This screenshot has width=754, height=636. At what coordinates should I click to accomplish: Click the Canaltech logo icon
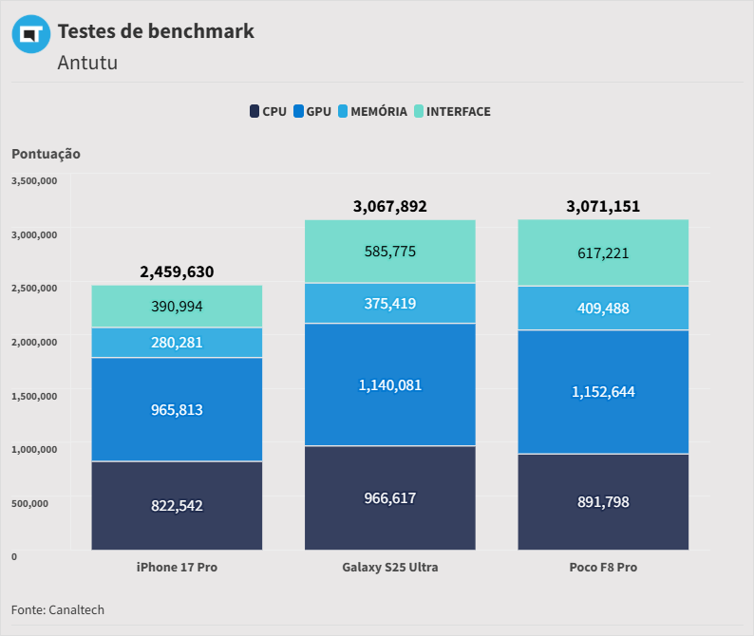pyautogui.click(x=30, y=35)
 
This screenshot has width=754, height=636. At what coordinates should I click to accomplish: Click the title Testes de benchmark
pyautogui.click(x=156, y=30)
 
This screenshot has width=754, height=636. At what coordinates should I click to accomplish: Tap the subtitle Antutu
pyautogui.click(x=87, y=63)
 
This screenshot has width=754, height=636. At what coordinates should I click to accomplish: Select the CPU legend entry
pyautogui.click(x=268, y=111)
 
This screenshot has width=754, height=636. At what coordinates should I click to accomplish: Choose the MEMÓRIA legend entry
pyautogui.click(x=372, y=111)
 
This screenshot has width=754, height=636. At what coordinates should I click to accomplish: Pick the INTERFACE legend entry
pyautogui.click(x=452, y=111)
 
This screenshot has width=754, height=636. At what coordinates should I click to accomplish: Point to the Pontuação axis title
pyautogui.click(x=46, y=153)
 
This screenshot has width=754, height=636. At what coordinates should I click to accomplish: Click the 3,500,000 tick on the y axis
pyautogui.click(x=34, y=180)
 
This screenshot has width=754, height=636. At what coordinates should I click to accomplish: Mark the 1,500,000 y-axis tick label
pyautogui.click(x=34, y=395)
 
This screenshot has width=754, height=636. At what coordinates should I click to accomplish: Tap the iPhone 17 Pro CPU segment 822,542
pyautogui.click(x=177, y=505)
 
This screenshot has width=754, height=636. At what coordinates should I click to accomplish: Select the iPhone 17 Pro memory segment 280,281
pyautogui.click(x=177, y=342)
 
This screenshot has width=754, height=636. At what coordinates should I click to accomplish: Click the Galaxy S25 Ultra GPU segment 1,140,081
pyautogui.click(x=389, y=384)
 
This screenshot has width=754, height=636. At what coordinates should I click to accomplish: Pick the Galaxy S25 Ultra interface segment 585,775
pyautogui.click(x=389, y=252)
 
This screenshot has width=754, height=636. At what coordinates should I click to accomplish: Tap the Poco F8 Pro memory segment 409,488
pyautogui.click(x=603, y=308)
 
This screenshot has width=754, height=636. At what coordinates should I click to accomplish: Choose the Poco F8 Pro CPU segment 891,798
pyautogui.click(x=603, y=501)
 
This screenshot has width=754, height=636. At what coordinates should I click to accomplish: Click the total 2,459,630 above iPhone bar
pyautogui.click(x=177, y=271)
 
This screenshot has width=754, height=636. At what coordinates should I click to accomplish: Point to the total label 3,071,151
pyautogui.click(x=603, y=206)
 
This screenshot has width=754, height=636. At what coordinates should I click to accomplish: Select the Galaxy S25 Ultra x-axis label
pyautogui.click(x=389, y=567)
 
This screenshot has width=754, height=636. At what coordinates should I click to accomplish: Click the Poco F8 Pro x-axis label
pyautogui.click(x=603, y=567)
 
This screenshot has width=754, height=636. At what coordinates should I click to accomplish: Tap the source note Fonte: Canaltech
pyautogui.click(x=58, y=609)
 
